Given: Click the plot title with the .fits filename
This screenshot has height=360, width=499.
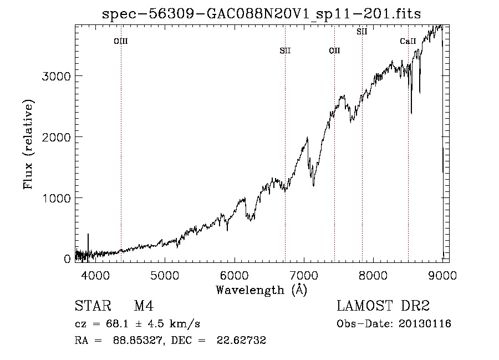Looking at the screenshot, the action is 261,14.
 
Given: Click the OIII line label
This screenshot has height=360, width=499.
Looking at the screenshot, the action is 121,41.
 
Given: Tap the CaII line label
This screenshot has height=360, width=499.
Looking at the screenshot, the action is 408,41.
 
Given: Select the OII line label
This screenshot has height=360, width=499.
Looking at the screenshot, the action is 334,50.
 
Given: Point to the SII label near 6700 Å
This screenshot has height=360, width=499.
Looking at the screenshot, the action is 285,50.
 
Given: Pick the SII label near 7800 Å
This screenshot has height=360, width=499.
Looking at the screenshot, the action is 362,32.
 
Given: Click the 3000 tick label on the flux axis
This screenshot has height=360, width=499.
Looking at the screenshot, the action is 56,77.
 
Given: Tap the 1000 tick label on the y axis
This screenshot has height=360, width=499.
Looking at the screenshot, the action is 56,198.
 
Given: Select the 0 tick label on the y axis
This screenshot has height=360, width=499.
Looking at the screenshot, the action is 67,259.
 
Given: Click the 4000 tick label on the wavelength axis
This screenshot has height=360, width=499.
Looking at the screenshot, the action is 95,275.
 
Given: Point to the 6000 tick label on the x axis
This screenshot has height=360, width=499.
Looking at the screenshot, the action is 235,275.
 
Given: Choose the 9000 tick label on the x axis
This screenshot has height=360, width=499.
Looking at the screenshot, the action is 442,275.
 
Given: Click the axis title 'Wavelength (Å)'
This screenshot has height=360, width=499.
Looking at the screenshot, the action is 262,290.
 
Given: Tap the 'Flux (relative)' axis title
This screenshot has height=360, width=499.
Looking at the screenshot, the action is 28,144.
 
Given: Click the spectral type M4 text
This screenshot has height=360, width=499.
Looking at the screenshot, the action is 144,306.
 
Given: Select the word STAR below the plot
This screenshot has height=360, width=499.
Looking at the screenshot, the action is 93,306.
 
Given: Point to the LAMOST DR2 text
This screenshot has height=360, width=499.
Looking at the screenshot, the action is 383,306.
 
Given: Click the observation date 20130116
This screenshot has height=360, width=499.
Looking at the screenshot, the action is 425,324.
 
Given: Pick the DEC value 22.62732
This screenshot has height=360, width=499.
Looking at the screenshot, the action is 241,340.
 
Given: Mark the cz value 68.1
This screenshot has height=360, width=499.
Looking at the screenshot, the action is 117,324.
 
